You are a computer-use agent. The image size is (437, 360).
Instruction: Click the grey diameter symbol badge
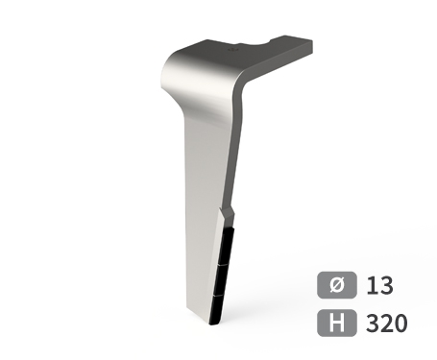click(337, 285)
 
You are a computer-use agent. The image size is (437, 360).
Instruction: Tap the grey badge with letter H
click(337, 322)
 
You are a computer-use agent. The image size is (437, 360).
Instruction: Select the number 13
click(379, 285)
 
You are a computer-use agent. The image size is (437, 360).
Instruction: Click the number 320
click(386, 322)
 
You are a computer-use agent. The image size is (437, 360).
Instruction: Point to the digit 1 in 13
click(372, 285)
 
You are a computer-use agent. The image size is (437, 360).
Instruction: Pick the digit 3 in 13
click(386, 285)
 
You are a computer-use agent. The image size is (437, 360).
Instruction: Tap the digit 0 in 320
click(401, 322)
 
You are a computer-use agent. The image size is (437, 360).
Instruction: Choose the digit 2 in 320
click(386, 322)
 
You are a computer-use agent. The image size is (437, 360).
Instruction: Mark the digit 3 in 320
click(373, 322)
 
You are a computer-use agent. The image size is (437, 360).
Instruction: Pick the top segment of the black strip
click(226, 245)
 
